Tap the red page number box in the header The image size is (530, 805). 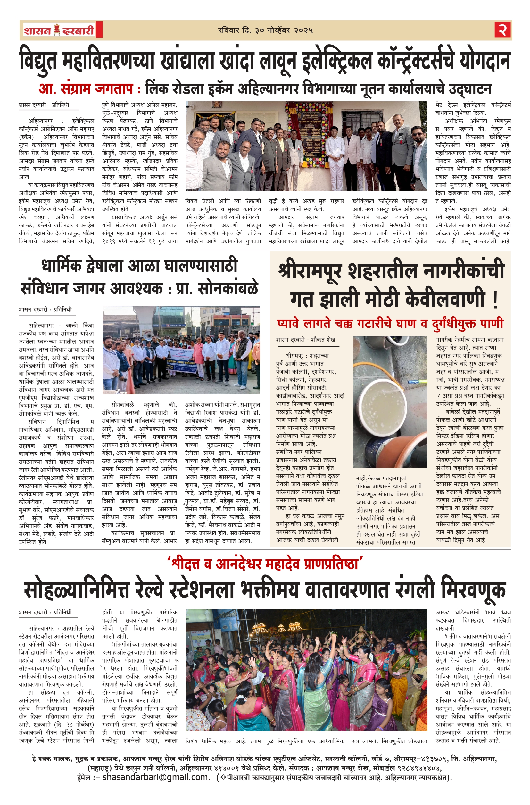502,30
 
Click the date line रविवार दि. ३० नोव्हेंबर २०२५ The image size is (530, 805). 265,30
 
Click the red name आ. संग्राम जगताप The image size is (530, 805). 86,89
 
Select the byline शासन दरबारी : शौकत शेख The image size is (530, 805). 306,340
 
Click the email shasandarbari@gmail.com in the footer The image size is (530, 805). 156,786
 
